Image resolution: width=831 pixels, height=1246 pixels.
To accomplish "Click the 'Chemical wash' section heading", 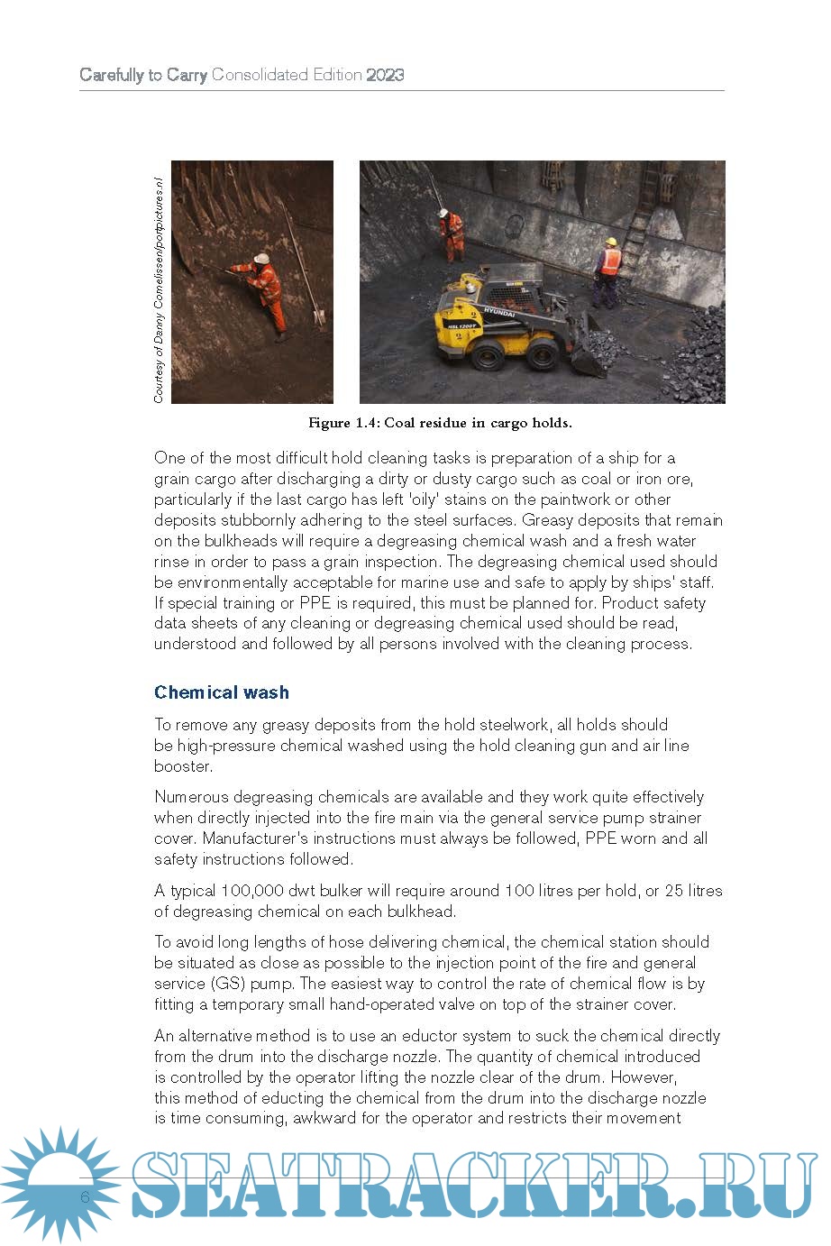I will pyautogui.click(x=221, y=692).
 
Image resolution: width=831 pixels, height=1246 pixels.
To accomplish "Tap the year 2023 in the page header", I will pyautogui.click(x=385, y=75).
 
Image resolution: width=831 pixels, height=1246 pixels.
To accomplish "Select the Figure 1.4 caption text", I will pyautogui.click(x=440, y=423).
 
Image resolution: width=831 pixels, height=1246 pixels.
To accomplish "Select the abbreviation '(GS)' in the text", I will pyautogui.click(x=224, y=984).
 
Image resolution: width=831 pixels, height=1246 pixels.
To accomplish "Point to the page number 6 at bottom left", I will pyautogui.click(x=85, y=1197).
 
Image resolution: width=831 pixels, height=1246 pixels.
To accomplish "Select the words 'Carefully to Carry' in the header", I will pyautogui.click(x=143, y=75).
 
